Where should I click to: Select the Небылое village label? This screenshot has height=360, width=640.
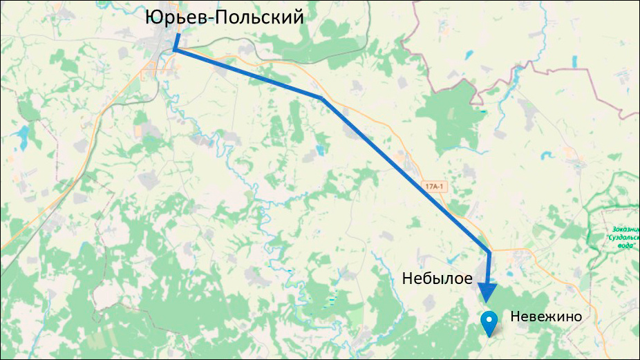coord(438,279)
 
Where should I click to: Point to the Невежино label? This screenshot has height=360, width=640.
coord(546,316)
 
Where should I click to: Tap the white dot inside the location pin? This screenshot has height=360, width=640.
coord(490,319)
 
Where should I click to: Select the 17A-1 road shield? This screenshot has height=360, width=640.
coord(433,187)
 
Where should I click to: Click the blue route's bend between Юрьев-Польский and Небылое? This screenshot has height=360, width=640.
coord(322,98)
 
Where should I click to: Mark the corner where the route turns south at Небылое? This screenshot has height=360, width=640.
coord(489,252)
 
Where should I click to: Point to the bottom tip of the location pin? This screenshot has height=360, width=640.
coord(490,336)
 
